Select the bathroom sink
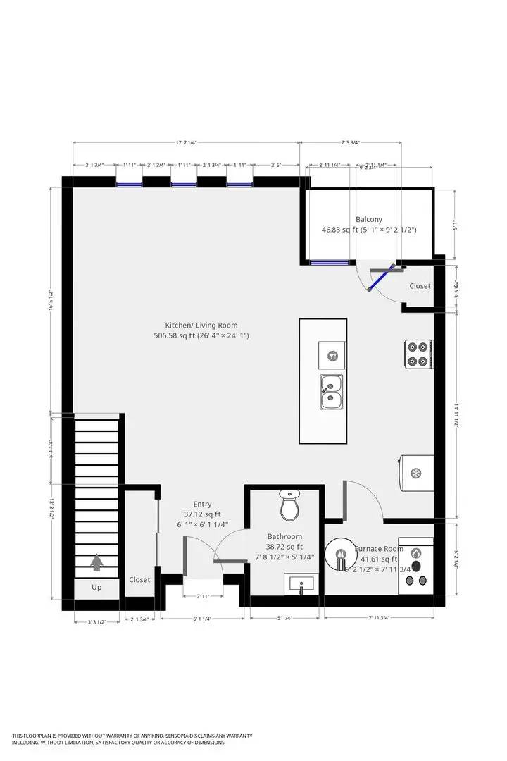pyautogui.click(x=301, y=584)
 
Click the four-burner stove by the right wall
pyautogui.click(x=418, y=354)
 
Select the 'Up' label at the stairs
pyautogui.click(x=96, y=587)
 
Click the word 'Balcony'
pyautogui.click(x=369, y=219)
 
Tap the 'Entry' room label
pyautogui.click(x=202, y=504)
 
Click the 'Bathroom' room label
pyautogui.click(x=284, y=536)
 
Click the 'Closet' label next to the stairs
pyautogui.click(x=139, y=580)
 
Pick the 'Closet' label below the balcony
pyautogui.click(x=420, y=286)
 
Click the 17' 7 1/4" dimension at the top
pyautogui.click(x=186, y=142)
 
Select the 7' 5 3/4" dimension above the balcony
pyautogui.click(x=350, y=142)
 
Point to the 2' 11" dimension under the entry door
pyautogui.click(x=203, y=596)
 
